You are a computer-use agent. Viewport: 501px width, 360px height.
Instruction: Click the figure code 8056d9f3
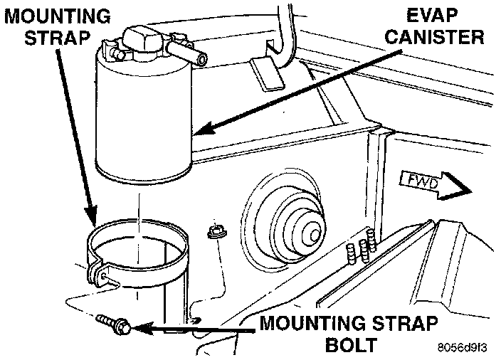462,349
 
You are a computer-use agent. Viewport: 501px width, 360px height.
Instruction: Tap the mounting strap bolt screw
113,325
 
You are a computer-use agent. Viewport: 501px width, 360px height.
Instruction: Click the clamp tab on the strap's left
95,273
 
